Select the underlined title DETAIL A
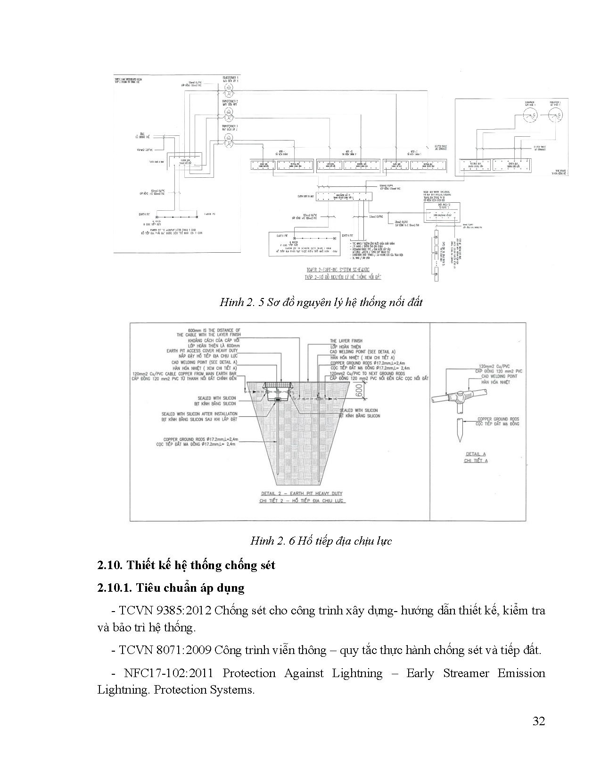(x=475, y=454)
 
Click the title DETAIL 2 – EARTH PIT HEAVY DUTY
(x=302, y=493)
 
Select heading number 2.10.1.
(x=113, y=588)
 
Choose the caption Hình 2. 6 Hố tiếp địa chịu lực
(x=321, y=541)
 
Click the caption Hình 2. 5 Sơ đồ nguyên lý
(x=321, y=302)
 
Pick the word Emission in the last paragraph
(x=521, y=673)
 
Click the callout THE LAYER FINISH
(x=346, y=340)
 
